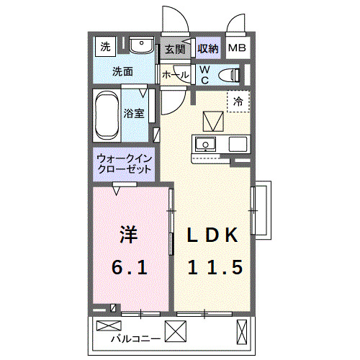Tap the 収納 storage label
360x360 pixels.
click(x=208, y=49)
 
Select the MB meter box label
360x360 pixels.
click(x=236, y=49)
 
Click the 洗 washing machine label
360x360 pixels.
click(x=106, y=48)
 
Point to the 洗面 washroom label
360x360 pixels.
click(x=122, y=72)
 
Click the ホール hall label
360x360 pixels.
click(x=175, y=75)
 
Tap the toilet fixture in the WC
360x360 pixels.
click(x=229, y=73)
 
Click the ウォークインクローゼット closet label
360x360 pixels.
click(x=124, y=163)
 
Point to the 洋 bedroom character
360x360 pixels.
click(x=128, y=235)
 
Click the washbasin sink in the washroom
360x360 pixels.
click(x=143, y=48)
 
